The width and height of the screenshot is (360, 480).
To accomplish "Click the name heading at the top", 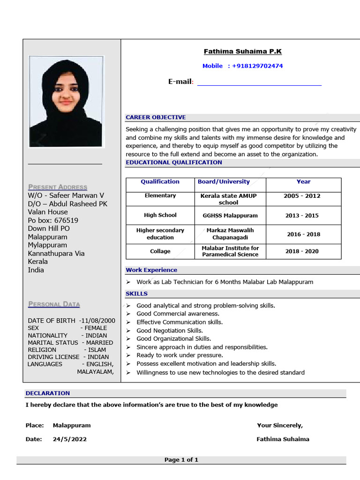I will (242, 52).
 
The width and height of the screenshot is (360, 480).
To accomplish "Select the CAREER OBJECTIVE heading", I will (156, 117).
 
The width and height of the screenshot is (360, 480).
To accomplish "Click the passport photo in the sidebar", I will (66, 101).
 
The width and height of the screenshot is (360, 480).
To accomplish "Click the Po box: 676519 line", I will (53, 220).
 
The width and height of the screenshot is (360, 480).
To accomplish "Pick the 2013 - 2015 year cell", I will (302, 216).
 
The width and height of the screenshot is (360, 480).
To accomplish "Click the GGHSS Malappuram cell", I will (230, 216).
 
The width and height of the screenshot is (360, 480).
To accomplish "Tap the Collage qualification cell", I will (160, 251).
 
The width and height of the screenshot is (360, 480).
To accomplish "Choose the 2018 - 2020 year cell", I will (302, 251).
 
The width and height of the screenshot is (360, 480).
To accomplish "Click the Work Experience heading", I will (151, 270).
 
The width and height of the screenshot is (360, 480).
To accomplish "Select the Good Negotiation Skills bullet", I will (169, 330).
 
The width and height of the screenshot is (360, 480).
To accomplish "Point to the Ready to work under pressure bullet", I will (180, 355).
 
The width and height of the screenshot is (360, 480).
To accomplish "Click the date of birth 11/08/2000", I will (97, 321).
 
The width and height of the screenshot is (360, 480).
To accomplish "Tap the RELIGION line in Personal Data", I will (67, 350).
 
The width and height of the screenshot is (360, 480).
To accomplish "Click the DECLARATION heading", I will (48, 393).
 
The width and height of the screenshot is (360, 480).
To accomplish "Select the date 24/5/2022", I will (70, 439).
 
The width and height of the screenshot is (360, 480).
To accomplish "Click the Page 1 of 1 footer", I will (181, 460).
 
